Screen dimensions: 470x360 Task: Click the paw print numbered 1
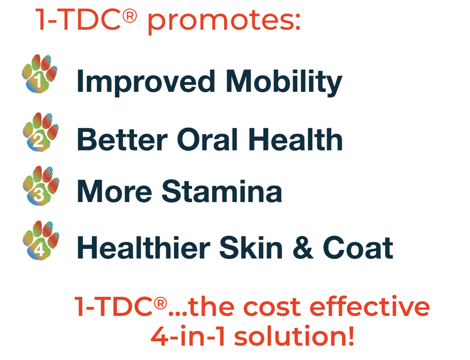[40, 74]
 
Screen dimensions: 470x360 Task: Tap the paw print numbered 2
[41, 132]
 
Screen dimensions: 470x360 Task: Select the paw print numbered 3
[41, 185]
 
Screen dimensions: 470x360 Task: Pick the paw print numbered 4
[41, 240]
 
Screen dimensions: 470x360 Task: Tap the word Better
[122, 139]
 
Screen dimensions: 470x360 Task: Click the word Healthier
[144, 247]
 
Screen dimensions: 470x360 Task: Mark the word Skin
[251, 247]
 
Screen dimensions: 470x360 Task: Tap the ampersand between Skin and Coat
[303, 247]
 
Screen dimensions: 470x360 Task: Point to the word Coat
[358, 248]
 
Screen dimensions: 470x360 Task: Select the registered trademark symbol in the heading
[130, 15]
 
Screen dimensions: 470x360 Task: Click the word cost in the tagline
[272, 307]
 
